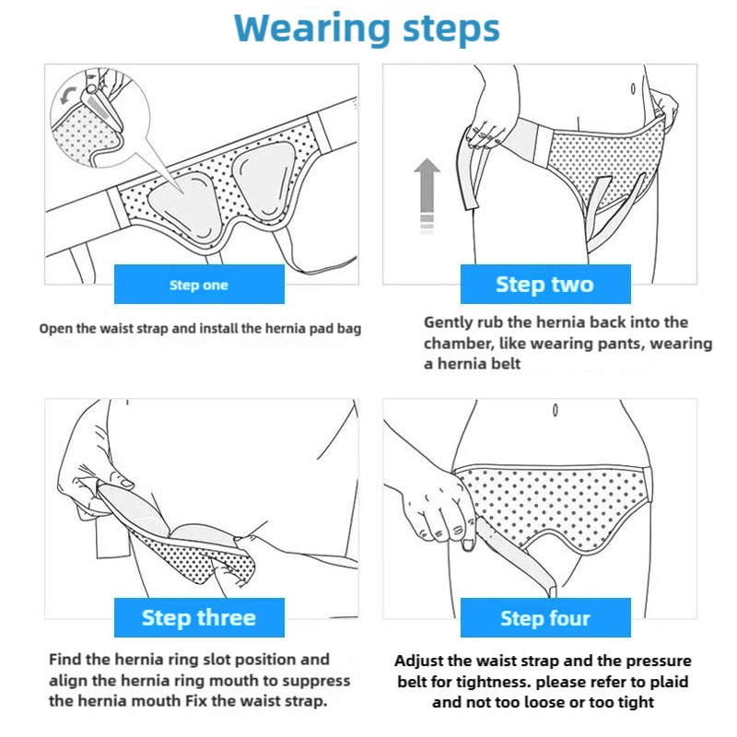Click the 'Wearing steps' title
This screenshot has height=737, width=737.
click(367, 29)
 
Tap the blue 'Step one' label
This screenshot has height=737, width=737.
click(199, 284)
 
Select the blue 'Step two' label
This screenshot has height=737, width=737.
click(545, 284)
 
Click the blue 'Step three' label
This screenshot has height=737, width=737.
click(199, 617)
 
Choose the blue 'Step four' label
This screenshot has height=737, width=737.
click(545, 617)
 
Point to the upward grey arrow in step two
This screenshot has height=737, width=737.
click(427, 195)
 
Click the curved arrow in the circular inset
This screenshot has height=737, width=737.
click(68, 95)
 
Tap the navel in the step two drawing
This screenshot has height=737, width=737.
click(633, 88)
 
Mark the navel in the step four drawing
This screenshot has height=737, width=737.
click(556, 410)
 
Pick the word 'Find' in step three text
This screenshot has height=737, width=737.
click(65, 659)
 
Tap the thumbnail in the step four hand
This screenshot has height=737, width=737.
click(467, 544)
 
